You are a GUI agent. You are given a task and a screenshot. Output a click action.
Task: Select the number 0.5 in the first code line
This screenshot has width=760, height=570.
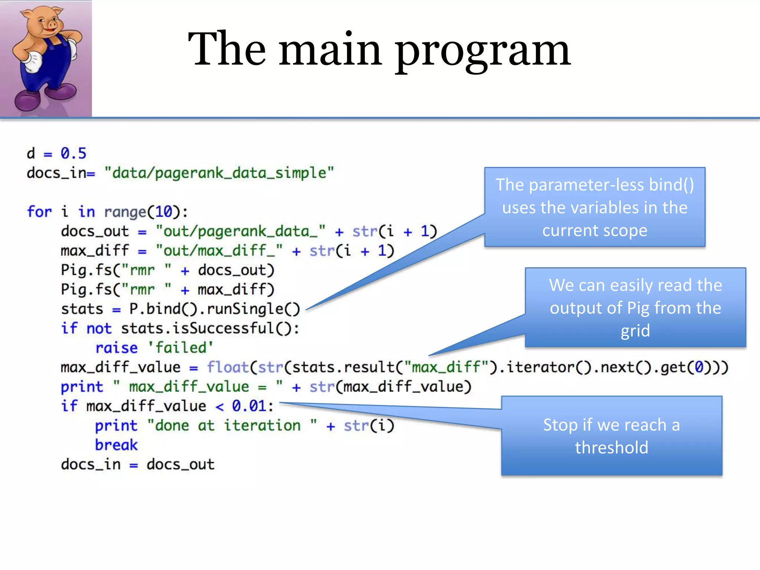click(x=73, y=153)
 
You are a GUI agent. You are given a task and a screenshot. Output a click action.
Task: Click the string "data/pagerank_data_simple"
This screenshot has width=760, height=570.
click(x=219, y=173)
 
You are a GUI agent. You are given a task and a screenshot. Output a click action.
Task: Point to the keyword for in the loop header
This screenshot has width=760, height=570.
click(x=39, y=212)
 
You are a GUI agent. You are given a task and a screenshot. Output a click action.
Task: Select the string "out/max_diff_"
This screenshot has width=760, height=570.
click(x=219, y=251)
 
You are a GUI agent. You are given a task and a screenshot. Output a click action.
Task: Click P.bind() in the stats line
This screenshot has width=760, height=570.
click(x=163, y=309)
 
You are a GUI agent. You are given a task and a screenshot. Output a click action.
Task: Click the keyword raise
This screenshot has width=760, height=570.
click(x=116, y=348)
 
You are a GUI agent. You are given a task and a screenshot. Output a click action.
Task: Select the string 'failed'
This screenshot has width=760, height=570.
click(x=181, y=348)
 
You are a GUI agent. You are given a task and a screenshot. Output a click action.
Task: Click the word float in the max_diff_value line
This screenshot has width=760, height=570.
click(x=227, y=367)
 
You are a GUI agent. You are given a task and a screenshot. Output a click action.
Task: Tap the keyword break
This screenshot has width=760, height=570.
click(x=116, y=445)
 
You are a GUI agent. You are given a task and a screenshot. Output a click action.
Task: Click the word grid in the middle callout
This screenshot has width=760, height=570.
click(x=635, y=331)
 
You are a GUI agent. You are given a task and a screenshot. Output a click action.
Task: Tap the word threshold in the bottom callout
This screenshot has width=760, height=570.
click(x=612, y=448)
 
